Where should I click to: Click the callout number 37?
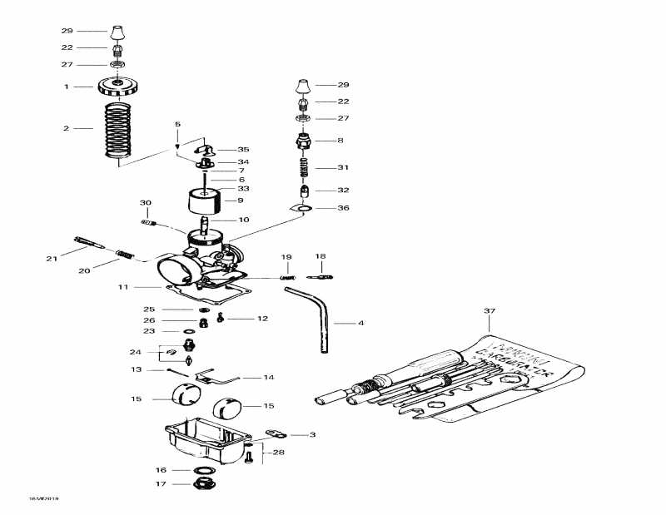coord(489,311)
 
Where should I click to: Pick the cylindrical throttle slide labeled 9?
coord(204,202)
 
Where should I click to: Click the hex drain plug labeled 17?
coord(202,483)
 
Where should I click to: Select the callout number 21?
coord(51,259)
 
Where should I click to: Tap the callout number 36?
coord(343,208)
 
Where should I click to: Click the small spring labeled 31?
coord(304,168)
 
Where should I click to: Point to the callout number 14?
coord(268,378)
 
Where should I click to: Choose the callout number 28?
coord(279,453)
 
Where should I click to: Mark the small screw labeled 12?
coord(221,318)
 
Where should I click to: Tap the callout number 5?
coord(177,125)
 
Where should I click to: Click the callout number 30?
coord(146,203)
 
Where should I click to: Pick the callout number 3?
coord(312,434)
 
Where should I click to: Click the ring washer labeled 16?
coord(202,470)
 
